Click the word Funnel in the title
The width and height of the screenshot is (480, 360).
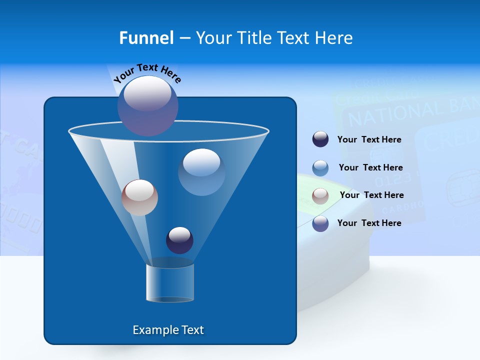pos(146,38)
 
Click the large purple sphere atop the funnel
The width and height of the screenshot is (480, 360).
pos(148,105)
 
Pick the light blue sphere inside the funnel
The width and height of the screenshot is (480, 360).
pos(201,172)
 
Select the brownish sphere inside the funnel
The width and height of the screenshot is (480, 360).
pos(139,197)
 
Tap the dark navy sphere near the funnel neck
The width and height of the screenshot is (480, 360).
pos(179,240)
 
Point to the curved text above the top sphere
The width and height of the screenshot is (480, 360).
pos(147,73)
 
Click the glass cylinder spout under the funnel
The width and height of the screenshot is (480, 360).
pos(170,282)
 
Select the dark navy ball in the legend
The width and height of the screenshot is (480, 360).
pos(320,139)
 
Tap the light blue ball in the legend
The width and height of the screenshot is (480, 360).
pos(320,168)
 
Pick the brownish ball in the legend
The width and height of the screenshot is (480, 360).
pos(320,196)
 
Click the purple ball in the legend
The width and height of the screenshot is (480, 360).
pos(320,223)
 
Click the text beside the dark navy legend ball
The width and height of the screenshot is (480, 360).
pos(369,139)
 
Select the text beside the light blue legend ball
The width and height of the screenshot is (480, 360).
pos(370,167)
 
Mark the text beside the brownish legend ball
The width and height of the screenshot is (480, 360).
pos(371,195)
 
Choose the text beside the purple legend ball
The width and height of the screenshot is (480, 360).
pos(369,223)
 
